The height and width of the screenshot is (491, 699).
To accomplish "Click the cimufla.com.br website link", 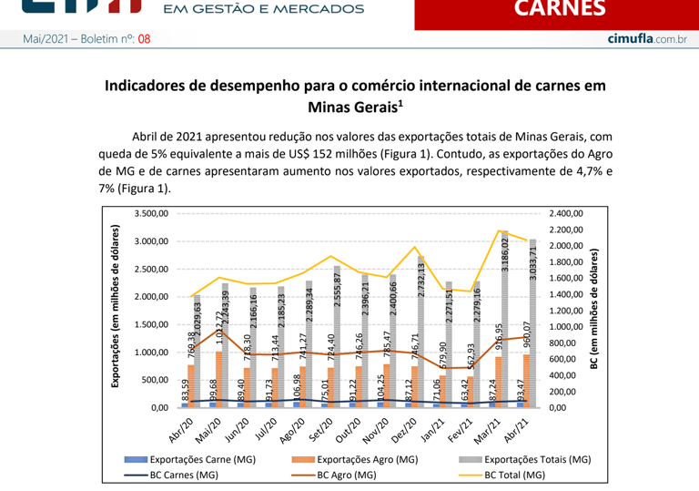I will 646,40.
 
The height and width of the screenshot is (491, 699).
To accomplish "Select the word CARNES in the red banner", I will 559,9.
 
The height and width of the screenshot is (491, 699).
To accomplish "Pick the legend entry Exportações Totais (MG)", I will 537,461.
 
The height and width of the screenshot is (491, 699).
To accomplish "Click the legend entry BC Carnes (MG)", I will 183,475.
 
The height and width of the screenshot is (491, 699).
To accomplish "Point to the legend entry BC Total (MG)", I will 514,475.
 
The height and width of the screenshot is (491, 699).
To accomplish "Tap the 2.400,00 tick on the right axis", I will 566,213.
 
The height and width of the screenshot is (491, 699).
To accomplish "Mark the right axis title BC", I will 596,310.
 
